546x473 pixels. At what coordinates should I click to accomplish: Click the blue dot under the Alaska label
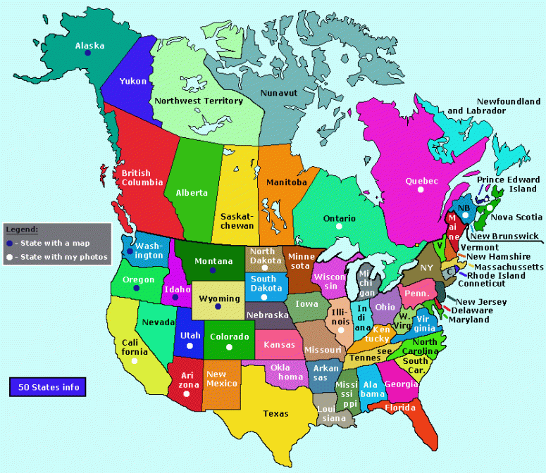(88, 53)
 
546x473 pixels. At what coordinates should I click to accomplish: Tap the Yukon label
(132, 81)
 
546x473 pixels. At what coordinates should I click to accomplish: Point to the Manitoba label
(286, 182)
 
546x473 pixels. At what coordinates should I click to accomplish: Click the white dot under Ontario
(339, 227)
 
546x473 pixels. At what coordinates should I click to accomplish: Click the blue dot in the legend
(9, 243)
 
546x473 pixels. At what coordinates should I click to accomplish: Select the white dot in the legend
(9, 257)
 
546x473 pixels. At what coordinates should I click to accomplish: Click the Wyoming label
(219, 298)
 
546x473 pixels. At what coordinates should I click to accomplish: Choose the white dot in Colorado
(228, 347)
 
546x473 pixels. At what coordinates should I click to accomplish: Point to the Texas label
(275, 413)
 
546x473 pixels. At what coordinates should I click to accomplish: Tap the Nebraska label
(268, 315)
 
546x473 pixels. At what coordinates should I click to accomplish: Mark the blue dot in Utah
(190, 346)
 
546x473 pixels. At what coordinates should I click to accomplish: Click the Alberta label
(192, 192)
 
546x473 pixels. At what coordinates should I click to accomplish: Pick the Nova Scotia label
(516, 217)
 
